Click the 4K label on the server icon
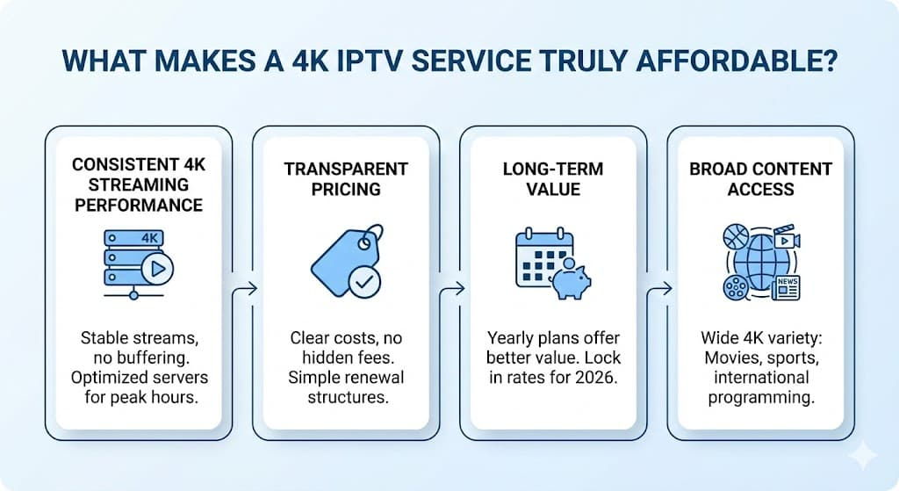click(150, 237)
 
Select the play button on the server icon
click(159, 270)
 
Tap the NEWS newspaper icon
click(787, 286)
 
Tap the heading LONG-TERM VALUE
click(553, 177)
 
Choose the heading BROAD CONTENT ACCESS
click(760, 177)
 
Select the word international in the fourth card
click(760, 378)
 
